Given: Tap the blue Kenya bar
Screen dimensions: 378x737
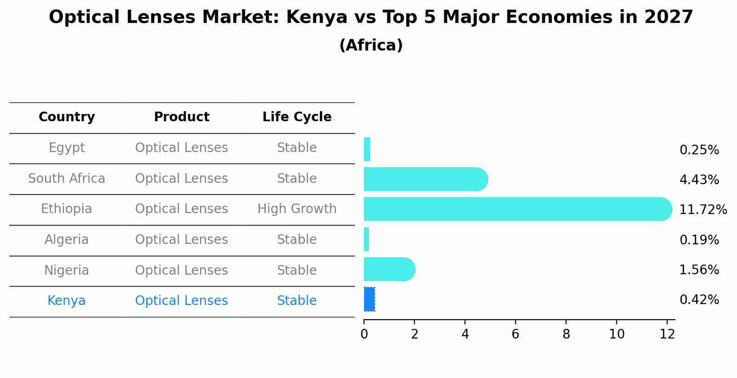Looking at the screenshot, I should coord(369,299).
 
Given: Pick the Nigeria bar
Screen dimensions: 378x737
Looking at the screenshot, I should coord(389,269).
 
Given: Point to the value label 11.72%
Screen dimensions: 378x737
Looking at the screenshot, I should coord(703,210).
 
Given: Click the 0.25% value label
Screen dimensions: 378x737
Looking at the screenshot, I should coord(699,150).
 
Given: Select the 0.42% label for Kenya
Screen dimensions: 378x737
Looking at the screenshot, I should coord(699,300).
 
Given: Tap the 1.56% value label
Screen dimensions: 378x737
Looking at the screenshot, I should coord(699,270).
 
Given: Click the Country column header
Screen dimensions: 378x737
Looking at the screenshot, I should coord(67,117).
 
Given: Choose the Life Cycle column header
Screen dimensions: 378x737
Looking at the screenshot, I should coord(297,117).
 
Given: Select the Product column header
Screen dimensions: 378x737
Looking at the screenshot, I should coord(181,117).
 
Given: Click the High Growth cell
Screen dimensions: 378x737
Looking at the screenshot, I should coord(297,209).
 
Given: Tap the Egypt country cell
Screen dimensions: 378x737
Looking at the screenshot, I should coord(67,148).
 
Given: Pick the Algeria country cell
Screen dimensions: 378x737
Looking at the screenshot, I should coord(67,240).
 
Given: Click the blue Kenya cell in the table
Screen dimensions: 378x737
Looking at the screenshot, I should coord(67,301).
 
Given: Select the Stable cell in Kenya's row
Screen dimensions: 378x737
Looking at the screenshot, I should coord(297,301).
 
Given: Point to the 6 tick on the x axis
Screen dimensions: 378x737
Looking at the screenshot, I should coord(516,334).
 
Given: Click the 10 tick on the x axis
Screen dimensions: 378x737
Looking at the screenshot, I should coord(617,334).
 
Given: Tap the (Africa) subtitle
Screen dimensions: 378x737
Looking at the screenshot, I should coord(371,45).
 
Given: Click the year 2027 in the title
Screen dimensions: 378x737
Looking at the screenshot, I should coord(669,17).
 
